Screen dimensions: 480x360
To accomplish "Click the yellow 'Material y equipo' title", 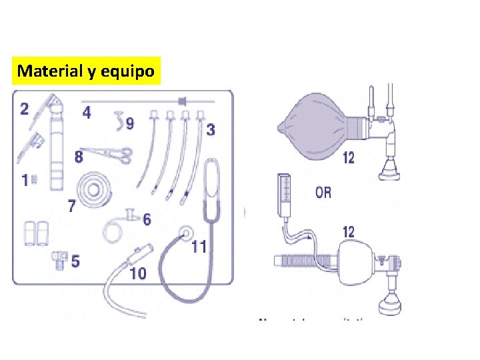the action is point(87,71).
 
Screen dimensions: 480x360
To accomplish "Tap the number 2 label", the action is point(25,108).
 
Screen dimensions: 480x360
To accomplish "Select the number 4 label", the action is point(87,112).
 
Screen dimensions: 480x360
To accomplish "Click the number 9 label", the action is point(129,123).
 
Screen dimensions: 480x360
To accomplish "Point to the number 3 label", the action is point(211,129).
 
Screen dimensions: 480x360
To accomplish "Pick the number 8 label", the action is point(79,157).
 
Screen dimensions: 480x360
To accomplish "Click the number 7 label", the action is point(71,206).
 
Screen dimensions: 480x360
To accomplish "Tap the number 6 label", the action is point(146,219).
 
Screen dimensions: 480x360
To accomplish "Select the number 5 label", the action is point(75,261).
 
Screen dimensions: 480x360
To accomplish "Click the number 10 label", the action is point(137,273).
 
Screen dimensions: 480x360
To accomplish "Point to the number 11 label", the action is point(199,247).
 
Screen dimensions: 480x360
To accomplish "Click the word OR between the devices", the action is point(323,193).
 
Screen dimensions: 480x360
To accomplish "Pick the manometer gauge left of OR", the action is point(283,190).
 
